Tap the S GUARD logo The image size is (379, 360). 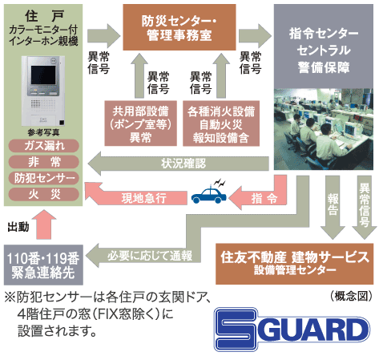[295, 329]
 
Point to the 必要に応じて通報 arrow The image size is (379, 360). [152, 256]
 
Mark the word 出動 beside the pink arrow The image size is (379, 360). [18, 226]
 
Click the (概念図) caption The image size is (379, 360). [350, 296]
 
